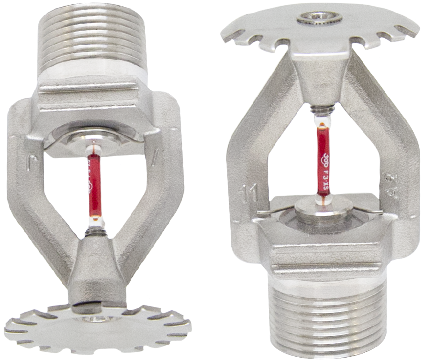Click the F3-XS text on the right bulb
coord(325,176)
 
